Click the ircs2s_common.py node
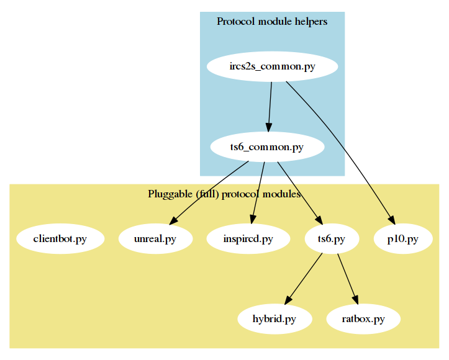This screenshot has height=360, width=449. point(271,67)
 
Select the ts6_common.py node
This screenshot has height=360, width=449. point(267,147)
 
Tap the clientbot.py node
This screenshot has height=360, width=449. point(60,239)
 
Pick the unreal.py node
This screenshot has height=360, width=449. point(155,239)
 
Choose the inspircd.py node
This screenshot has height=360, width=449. point(248,239)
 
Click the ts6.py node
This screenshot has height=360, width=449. point(331,239)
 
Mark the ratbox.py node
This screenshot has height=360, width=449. point(363,320)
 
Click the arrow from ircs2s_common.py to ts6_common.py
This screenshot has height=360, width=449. point(270,106)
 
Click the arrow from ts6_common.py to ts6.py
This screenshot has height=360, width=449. point(298,192)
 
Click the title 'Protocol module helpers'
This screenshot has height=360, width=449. point(272,22)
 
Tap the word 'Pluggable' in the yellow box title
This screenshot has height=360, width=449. point(170,194)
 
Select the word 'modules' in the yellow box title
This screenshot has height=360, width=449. point(282,194)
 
